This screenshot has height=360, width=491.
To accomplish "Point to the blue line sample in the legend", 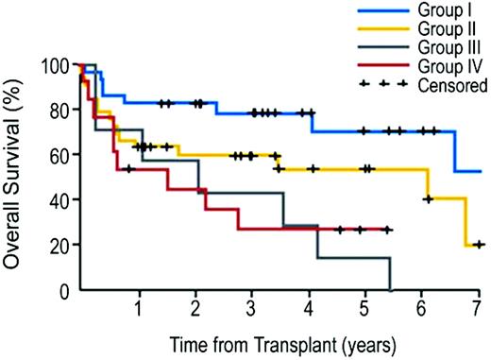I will tap(388, 11).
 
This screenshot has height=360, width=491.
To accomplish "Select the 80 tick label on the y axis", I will tap(61, 111).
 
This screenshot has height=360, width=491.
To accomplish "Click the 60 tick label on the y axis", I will tap(61, 156).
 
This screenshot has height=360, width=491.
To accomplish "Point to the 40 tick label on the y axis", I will tap(61, 201).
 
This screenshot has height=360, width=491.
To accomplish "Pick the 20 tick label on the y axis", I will tap(61, 246).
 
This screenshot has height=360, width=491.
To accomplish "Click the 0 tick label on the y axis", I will tap(66, 291).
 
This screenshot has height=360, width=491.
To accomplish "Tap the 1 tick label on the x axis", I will tap(139, 309).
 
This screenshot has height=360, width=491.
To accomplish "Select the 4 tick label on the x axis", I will tap(309, 309).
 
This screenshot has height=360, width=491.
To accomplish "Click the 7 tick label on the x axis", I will tap(478, 309).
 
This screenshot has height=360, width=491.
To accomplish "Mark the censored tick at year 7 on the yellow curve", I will tap(479, 245).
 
